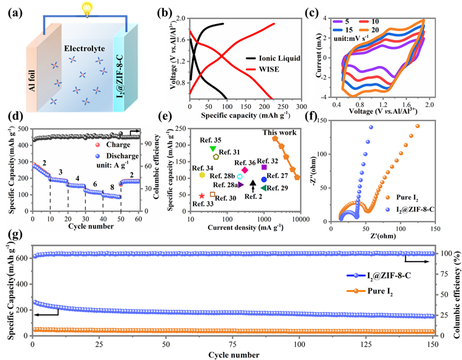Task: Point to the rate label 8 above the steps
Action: pos(112,187)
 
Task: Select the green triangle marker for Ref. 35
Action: pos(213,149)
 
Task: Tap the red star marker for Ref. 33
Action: pos(202,196)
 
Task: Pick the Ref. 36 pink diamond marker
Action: pos(244,170)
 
